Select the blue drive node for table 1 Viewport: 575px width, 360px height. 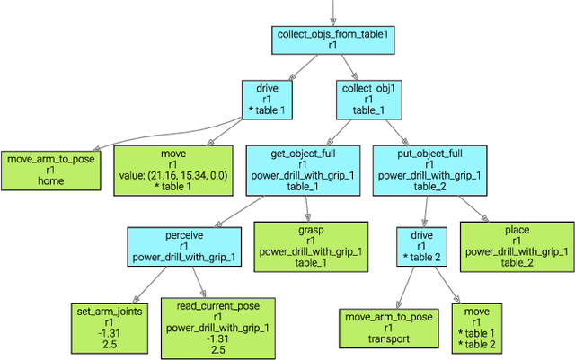[267, 101]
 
